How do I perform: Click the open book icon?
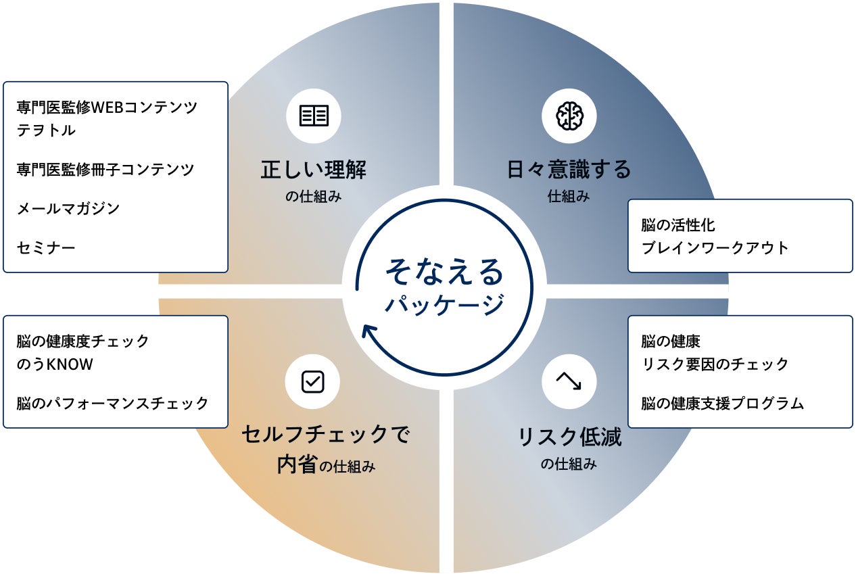coord(314,116)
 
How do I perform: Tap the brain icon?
coord(569,116)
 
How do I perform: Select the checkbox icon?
coord(312,382)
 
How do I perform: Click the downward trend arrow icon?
coord(569,381)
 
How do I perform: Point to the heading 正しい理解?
coord(313,170)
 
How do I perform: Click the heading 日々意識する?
coord(569,170)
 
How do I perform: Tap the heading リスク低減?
coord(569,437)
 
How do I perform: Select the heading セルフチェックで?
coord(326,435)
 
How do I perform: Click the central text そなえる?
coord(444,272)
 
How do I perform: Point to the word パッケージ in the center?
coord(444,305)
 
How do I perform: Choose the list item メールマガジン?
coord(68,209)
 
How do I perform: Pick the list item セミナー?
coord(46,248)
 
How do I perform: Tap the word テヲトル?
coord(46,130)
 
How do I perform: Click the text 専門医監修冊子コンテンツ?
coord(105,169)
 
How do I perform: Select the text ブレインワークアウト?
coord(715,248)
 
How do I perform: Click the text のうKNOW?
coord(55,364)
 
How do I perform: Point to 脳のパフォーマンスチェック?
coord(112,404)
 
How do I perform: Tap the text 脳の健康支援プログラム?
coord(723,404)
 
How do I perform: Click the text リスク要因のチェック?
coord(715,364)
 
